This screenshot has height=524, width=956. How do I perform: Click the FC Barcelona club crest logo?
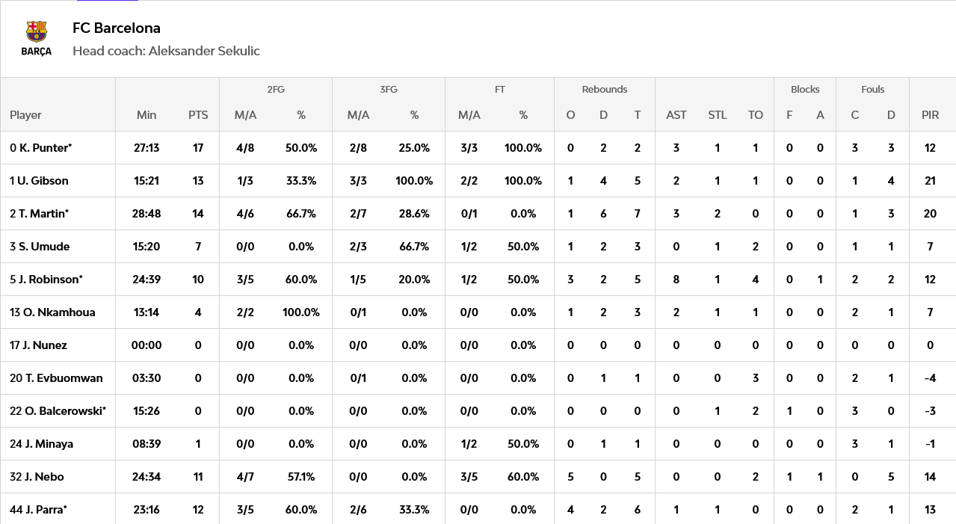pos(37,37)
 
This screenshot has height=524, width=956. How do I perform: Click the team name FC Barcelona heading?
pos(117,28)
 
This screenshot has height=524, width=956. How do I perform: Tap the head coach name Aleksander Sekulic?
pos(204,51)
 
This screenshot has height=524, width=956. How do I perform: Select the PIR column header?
pos(930,115)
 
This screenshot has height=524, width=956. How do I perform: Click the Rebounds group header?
pos(605,89)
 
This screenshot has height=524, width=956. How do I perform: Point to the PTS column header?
pos(198,115)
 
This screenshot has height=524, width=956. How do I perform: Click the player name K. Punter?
pos(46,148)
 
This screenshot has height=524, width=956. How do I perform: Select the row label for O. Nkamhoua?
pos(52,312)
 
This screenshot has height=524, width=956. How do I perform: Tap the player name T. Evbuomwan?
pos(64,378)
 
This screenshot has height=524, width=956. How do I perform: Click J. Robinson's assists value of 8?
pos(676,280)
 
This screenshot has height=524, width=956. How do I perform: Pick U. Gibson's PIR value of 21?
pos(930,181)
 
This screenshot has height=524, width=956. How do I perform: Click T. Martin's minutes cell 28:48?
pos(147,214)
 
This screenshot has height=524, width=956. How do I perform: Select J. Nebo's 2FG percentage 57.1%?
pos(301,477)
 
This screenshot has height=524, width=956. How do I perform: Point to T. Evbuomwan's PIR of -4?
pos(930,378)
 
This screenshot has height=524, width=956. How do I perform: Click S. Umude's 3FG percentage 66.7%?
pos(414,247)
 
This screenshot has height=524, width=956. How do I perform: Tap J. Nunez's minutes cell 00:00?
pos(147,345)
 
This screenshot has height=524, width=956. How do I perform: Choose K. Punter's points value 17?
pos(198,148)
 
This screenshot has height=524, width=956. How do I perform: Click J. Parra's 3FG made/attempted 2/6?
pos(358,510)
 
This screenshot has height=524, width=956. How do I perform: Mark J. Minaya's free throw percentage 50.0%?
pos(523,444)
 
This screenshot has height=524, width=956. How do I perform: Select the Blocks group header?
pos(805,89)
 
